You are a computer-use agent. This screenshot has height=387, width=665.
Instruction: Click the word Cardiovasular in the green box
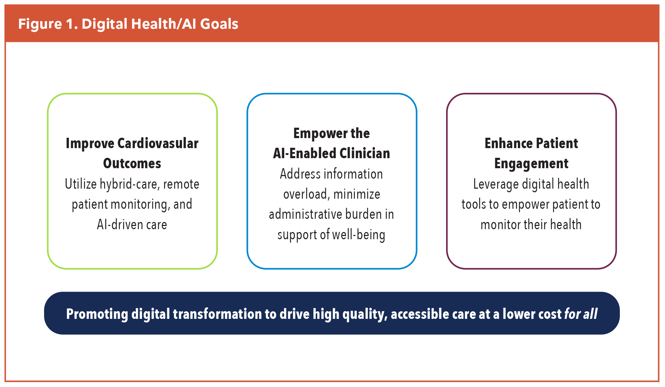tap(158, 143)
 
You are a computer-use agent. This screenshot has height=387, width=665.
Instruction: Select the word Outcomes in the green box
tap(132, 164)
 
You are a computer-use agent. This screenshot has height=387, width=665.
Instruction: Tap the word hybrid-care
tap(130, 184)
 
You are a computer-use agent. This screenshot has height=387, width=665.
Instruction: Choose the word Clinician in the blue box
tap(365, 154)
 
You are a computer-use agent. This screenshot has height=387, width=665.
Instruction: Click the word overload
tap(306, 194)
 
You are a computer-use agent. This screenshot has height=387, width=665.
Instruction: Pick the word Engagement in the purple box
tap(531, 164)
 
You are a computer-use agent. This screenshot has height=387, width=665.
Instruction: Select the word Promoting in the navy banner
tap(97, 314)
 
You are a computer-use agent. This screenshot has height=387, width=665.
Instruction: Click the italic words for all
tap(581, 314)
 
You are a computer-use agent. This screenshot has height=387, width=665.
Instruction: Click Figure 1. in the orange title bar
tap(48, 24)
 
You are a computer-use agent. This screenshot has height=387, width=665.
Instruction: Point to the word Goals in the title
tap(219, 24)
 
